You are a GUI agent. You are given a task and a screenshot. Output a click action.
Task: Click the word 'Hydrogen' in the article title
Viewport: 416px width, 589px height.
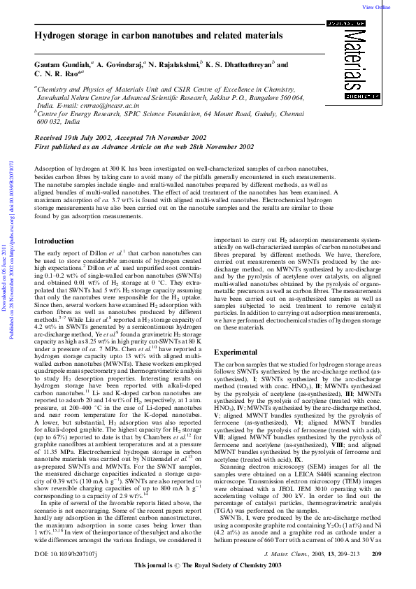pyautogui.click(x=55, y=36)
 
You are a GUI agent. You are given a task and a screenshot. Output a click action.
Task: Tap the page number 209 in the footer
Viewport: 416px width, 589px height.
pyautogui.click(x=376, y=573)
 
